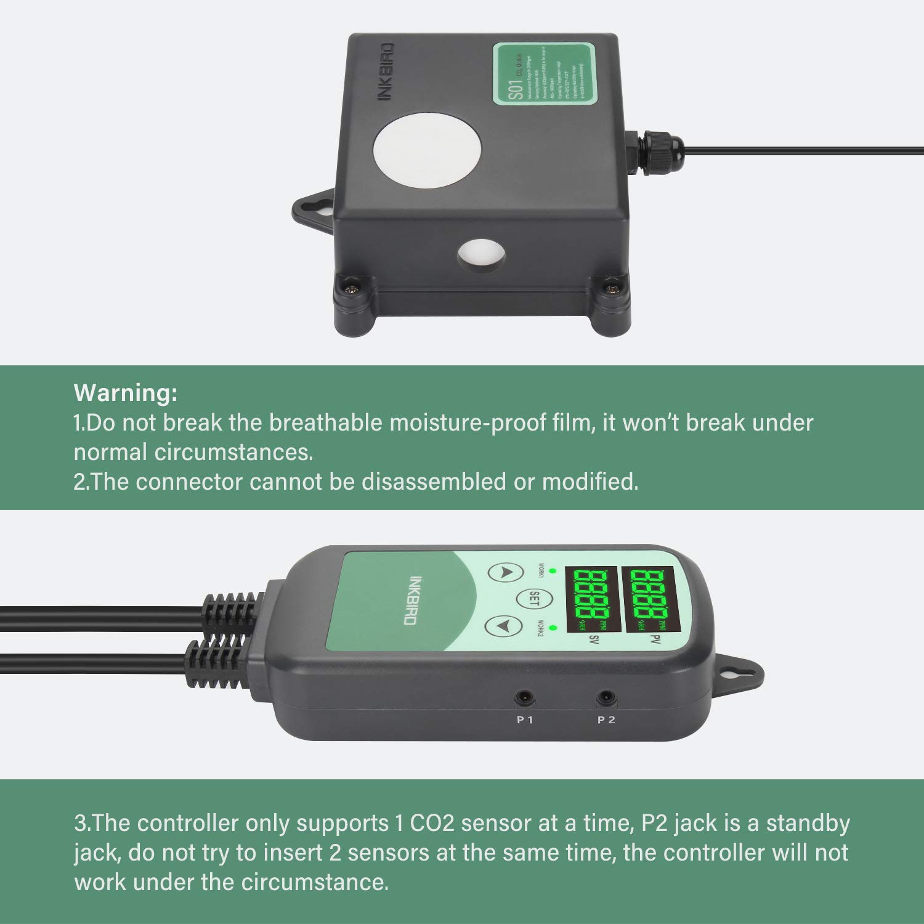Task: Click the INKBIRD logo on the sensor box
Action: point(386,72)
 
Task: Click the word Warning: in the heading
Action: point(126,392)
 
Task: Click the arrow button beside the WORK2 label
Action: point(503,626)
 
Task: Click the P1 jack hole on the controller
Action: point(524,697)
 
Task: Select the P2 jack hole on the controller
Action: point(606,698)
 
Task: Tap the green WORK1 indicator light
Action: point(553,570)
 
